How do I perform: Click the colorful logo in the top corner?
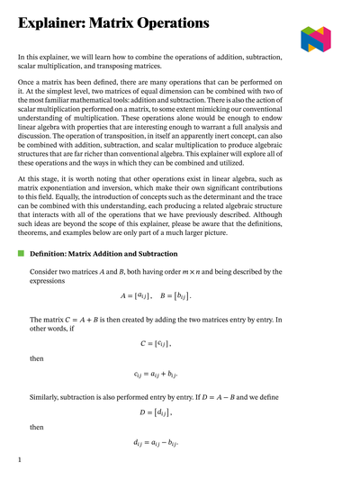pos(316,39)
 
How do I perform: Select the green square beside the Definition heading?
pos(22,254)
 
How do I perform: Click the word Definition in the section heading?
pos(57,254)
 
